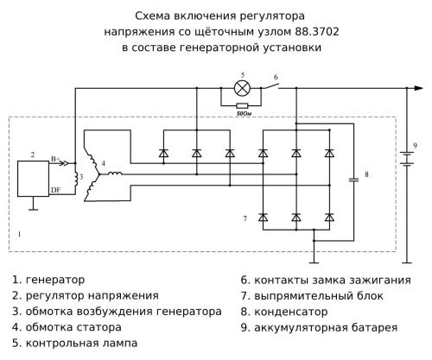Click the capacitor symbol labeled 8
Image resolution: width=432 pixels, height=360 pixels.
(353, 180)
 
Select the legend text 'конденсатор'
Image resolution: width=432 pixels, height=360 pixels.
(302, 312)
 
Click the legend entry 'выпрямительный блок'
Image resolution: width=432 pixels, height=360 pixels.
(321, 296)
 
